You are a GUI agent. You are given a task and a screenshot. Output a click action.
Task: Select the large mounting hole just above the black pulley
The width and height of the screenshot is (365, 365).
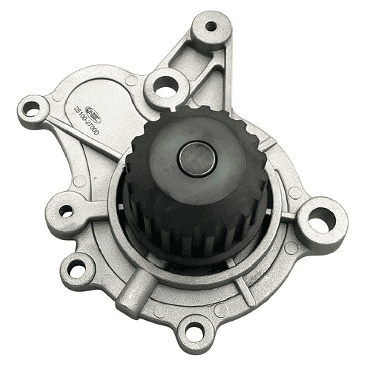pos(165,90)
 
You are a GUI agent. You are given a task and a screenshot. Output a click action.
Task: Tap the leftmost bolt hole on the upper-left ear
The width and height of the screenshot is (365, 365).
pos(31,108)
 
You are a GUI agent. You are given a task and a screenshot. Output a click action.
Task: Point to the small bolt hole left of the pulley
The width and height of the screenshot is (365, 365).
pos(66,210)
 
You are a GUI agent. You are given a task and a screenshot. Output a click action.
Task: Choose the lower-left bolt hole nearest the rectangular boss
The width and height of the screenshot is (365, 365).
pos(77,269)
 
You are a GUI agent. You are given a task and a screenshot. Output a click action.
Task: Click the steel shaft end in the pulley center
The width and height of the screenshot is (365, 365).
pos(197,158)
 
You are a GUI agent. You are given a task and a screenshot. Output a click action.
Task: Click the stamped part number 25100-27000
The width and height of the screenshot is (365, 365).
pos(86,121)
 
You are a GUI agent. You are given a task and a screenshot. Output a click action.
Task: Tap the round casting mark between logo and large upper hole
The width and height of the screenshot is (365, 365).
pos(131,80)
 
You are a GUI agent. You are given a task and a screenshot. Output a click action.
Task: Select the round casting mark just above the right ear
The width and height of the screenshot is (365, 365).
pos(295,192)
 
